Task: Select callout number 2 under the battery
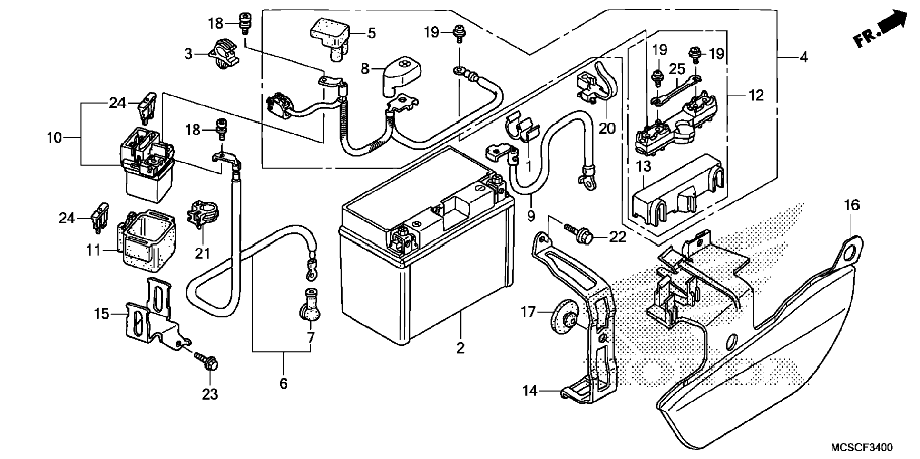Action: pyautogui.click(x=460, y=348)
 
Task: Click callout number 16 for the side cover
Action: pyautogui.click(x=852, y=205)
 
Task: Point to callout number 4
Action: pyautogui.click(x=803, y=57)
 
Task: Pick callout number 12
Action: pyautogui.click(x=756, y=96)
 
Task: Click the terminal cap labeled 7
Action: pyautogui.click(x=309, y=305)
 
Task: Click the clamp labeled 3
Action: pyautogui.click(x=224, y=53)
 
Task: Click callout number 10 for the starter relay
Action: pyautogui.click(x=54, y=138)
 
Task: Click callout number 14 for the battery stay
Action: pyautogui.click(x=529, y=391)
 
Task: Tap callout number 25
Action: pyautogui.click(x=677, y=69)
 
